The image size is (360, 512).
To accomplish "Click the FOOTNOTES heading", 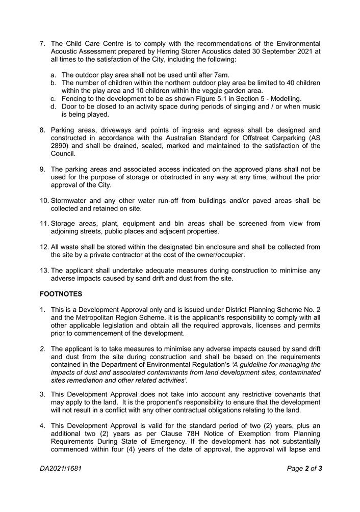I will [60, 294].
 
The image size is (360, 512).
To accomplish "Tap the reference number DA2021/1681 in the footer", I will [60, 468].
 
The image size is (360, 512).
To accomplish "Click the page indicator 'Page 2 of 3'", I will [304, 468].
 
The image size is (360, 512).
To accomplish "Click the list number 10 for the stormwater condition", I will [44, 201].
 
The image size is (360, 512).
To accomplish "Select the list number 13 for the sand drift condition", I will [44, 271].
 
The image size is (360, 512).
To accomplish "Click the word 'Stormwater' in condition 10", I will [69, 201].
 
